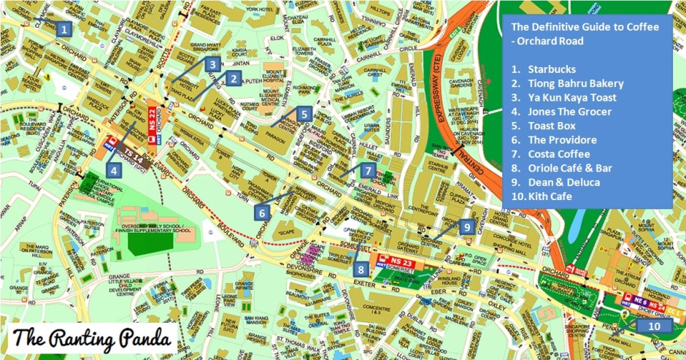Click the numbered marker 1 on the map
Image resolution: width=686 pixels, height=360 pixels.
(x=64, y=30)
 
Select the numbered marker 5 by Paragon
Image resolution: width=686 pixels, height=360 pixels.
(x=304, y=114)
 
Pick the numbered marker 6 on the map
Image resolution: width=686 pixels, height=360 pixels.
(x=262, y=212)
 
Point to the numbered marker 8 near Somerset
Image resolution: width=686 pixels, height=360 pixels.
(x=361, y=268)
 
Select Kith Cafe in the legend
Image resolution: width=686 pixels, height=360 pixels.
(x=550, y=196)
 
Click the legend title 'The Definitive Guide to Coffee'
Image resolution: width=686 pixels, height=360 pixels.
(x=585, y=27)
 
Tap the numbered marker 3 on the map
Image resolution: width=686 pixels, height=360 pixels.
(x=212, y=64)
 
